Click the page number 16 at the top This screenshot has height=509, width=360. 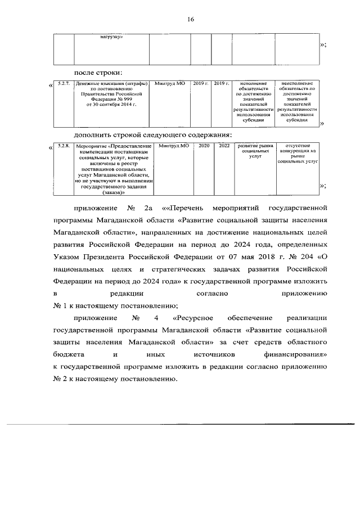(190, 19)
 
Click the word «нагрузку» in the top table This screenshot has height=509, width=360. (111, 37)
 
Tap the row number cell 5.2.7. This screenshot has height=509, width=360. (63, 84)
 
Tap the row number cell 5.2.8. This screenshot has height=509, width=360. (63, 147)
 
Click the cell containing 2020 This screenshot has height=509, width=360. (203, 146)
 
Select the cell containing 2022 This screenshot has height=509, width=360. (224, 146)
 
